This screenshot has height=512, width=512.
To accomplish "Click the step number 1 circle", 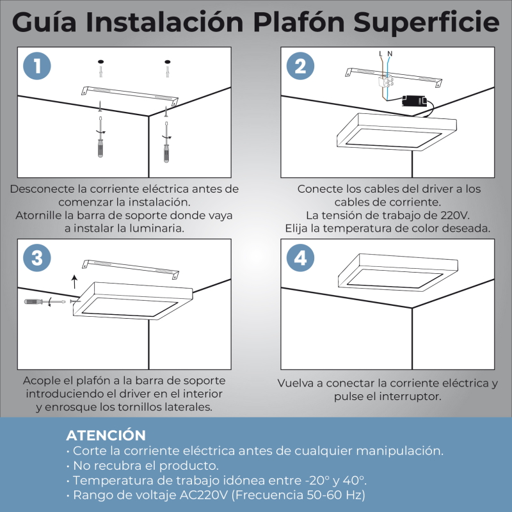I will tap(38, 66).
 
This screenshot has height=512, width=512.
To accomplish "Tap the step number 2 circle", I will tap(300, 66).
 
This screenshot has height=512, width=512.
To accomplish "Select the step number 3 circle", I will tap(38, 258).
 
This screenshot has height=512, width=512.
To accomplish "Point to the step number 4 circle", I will tap(300, 258).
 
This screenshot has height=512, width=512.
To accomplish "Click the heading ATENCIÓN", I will tap(106, 436).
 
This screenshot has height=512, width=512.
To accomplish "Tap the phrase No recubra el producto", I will tap(146, 465).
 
